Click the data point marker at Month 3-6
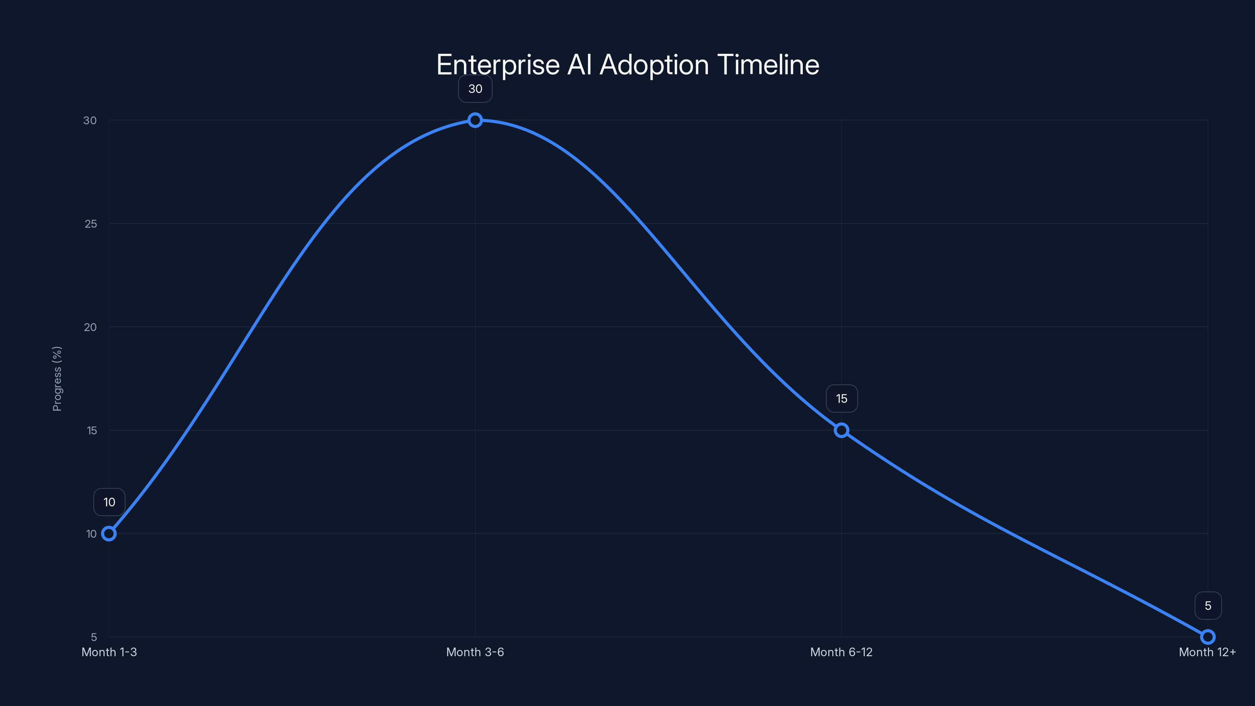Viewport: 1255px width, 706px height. coord(475,120)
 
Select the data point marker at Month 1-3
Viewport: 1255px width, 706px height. coord(109,533)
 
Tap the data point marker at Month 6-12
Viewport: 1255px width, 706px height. coord(841,430)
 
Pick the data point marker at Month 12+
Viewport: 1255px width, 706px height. coord(1208,637)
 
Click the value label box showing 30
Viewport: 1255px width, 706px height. coord(475,89)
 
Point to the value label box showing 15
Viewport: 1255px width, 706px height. coord(841,398)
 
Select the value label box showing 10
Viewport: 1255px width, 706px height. coord(109,502)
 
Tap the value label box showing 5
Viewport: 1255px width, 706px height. coord(1208,606)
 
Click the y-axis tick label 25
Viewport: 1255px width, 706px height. coord(91,224)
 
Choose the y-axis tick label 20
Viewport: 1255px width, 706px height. coord(90,327)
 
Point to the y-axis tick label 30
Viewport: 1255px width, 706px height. coord(90,120)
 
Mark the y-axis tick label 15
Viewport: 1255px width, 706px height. coord(92,430)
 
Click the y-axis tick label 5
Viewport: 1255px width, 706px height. coord(94,637)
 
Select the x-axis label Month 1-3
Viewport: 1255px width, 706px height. coord(109,652)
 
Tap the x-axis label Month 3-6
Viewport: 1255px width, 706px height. coord(475,652)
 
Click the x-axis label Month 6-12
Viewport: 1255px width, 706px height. coord(841,652)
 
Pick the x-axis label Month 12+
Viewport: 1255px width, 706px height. coord(1207,652)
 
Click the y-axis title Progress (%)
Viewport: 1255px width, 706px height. coord(57,378)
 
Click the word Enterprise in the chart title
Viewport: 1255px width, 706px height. coord(498,65)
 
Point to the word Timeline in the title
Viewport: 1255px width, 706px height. coord(768,65)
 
